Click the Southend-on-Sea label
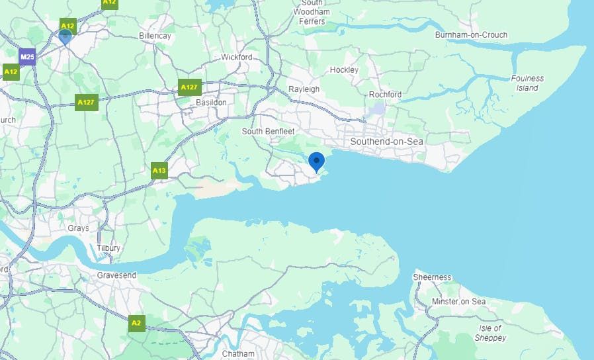[x=386, y=142]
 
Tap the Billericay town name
[x=155, y=36]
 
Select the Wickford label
[x=237, y=58]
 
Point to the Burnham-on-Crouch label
[x=471, y=35]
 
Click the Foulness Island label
[x=527, y=83]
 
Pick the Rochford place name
[x=385, y=95]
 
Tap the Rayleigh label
[x=304, y=89]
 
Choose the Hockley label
[x=344, y=69]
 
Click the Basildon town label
[x=211, y=103]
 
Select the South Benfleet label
[x=268, y=131]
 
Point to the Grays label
[x=78, y=228]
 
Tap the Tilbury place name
[x=108, y=248]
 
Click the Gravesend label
[x=116, y=275]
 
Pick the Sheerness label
[x=432, y=277]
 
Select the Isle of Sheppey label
[x=489, y=333]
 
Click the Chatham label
[x=237, y=353]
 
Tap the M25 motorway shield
[x=27, y=57]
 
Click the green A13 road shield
[x=159, y=171]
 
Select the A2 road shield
[x=136, y=323]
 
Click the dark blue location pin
[x=317, y=161]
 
